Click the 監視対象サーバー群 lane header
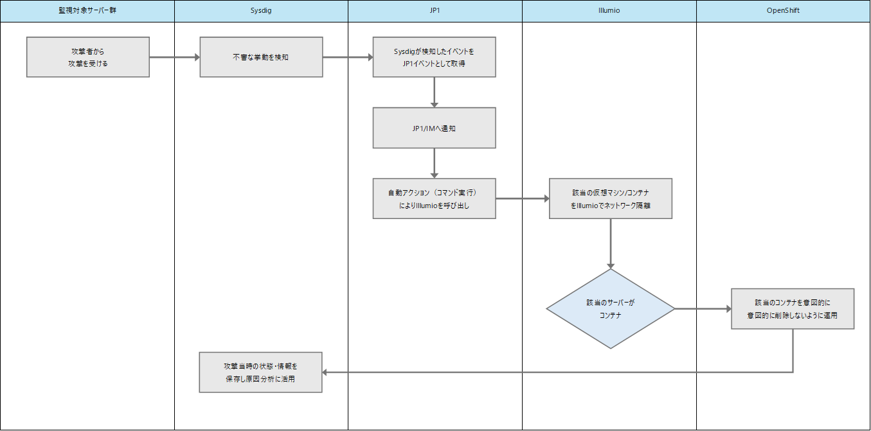(87, 11)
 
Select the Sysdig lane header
(261, 11)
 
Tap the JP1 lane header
(435, 11)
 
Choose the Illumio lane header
(609, 11)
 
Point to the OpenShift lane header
(783, 11)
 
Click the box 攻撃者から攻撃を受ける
(88, 57)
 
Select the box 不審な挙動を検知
(261, 57)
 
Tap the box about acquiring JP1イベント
(435, 57)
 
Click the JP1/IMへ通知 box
(435, 128)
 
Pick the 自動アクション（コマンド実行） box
(435, 198)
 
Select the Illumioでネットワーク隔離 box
(611, 198)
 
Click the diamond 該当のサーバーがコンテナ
(611, 309)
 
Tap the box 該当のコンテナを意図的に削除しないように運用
(793, 309)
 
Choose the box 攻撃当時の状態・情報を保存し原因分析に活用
(261, 372)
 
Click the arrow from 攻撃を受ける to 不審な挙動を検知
(174, 57)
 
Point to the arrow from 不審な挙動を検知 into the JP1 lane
(348, 57)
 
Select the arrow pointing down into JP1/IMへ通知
(435, 92)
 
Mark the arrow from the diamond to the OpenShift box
(703, 309)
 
